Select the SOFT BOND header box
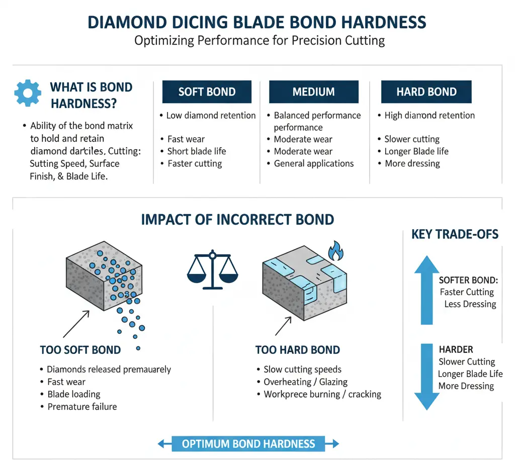coord(207,92)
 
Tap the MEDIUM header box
coord(313,92)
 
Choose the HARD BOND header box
coord(426,92)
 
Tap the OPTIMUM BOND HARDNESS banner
coord(248,444)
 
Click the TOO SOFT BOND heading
coord(80,350)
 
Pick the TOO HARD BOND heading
coord(298,350)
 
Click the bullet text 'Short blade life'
coord(197,151)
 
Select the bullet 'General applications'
coord(313,163)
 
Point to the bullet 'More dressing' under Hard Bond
coord(412,163)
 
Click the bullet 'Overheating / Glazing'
coord(305,382)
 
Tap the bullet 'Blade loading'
coord(74,394)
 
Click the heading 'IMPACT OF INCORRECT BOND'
coord(237,220)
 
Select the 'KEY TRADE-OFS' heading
coord(455,234)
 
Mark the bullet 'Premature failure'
coord(82,406)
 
